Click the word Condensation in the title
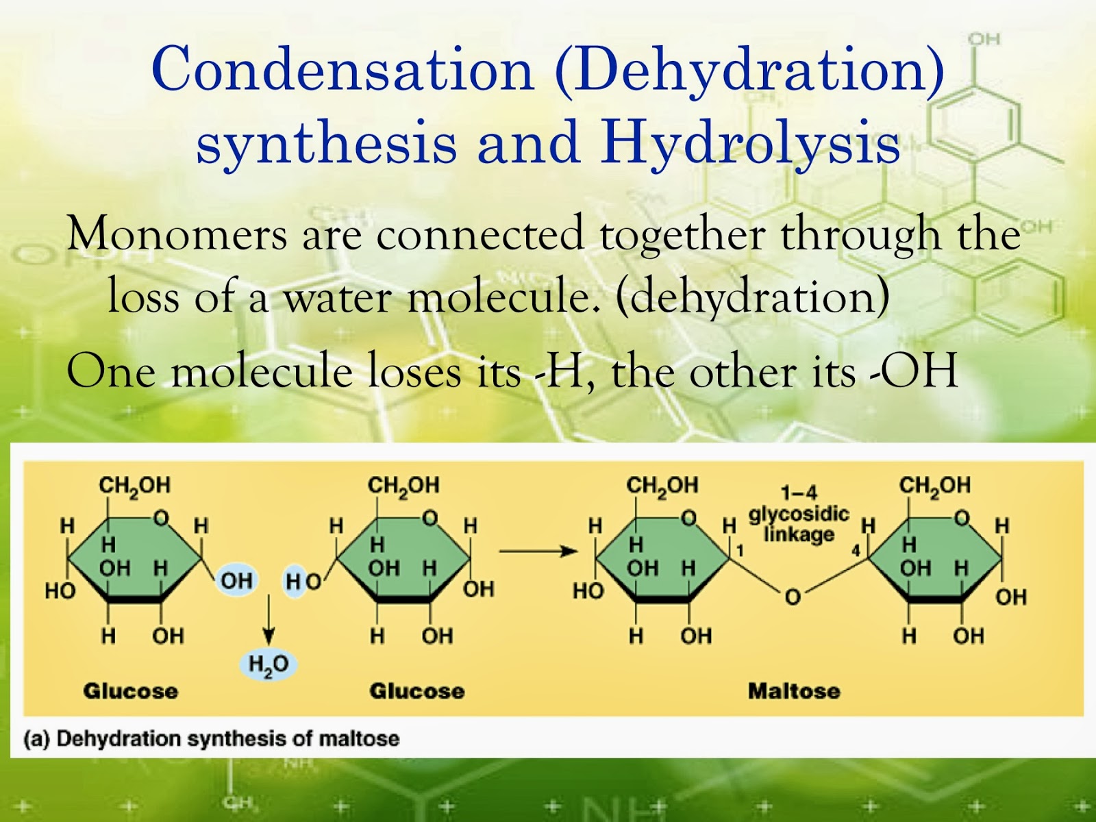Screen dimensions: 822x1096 [342, 69]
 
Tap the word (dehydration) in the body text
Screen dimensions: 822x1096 [752, 297]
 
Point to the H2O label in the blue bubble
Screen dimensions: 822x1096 [269, 664]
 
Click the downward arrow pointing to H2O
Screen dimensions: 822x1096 [269, 620]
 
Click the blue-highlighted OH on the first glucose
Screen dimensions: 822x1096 [236, 581]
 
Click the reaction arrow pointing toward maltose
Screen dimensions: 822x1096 [538, 551]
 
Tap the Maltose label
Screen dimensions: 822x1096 [793, 690]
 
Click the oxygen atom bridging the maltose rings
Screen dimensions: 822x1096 [793, 597]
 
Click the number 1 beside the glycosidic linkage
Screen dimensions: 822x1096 [740, 551]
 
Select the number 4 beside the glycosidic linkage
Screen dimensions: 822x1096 [856, 551]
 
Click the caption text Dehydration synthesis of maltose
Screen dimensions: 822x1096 [227, 738]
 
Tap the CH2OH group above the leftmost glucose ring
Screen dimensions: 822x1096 [134, 486]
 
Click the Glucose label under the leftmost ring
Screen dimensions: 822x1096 [130, 690]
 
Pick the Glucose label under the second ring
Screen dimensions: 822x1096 [416, 690]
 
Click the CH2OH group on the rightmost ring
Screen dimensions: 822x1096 [934, 486]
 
